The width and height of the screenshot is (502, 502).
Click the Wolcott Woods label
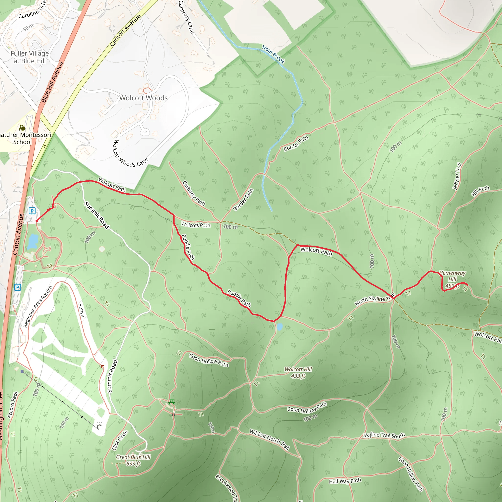(143, 98)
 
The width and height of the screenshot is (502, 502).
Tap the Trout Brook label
(273, 54)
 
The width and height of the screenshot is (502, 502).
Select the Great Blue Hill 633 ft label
(133, 460)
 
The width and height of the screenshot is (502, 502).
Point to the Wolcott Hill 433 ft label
(298, 373)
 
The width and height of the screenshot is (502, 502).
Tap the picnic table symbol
(172, 402)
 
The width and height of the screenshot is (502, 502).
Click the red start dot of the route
(37, 221)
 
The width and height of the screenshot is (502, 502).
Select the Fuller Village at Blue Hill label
(30, 57)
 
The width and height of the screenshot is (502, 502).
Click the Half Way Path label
(345, 481)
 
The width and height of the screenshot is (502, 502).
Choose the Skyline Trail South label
(384, 435)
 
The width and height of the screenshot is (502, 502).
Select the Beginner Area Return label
(38, 307)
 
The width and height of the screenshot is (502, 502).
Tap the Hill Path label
(480, 191)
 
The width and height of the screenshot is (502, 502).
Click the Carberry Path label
(194, 194)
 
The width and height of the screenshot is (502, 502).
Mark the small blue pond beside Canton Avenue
(33, 241)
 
